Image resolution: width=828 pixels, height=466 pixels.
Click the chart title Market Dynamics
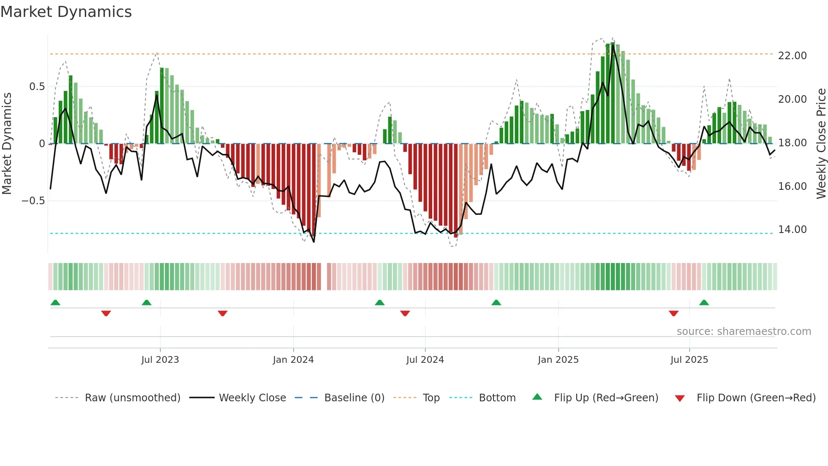66,12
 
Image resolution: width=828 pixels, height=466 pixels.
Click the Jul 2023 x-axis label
160,360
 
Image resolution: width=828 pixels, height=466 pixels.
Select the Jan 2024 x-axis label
293,360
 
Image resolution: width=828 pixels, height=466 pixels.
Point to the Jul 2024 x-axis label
425,360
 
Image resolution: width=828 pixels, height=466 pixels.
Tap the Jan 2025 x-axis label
558,360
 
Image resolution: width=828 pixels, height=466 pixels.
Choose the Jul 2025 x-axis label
689,360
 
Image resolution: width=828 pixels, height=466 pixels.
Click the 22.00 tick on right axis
792,56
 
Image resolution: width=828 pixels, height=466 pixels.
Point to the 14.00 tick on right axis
792,230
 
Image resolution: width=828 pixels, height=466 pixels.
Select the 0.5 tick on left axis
37,87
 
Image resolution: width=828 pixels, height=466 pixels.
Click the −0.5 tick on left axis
33,201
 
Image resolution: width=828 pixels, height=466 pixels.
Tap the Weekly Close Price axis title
821,144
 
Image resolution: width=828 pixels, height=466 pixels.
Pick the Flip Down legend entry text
756,398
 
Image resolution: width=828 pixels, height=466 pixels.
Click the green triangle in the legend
537,397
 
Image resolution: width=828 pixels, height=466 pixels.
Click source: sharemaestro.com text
744,332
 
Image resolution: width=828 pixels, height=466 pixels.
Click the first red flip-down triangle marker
106,313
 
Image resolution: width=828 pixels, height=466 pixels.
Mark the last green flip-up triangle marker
704,302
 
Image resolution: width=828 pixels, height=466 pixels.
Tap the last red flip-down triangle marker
673,313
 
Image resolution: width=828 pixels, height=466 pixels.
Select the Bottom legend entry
497,398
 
